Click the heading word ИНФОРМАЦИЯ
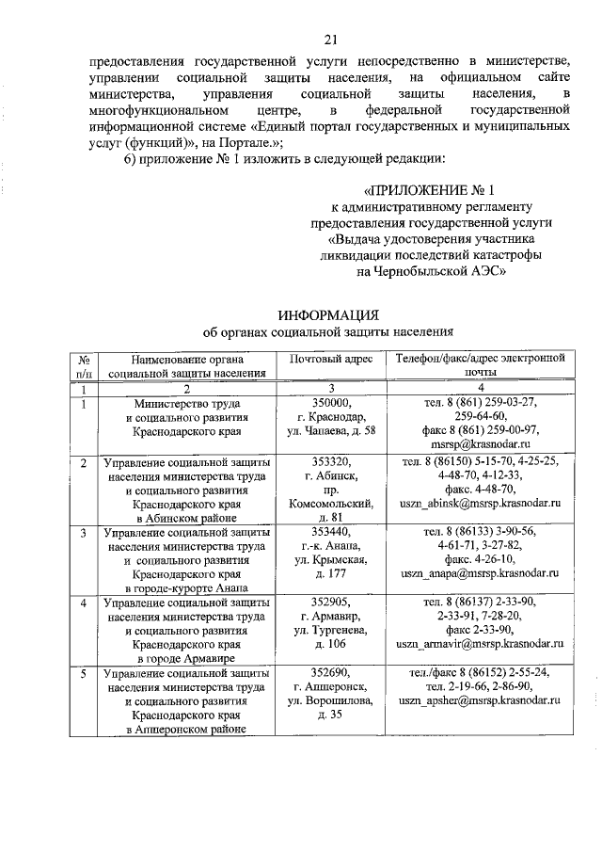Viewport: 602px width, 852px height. pos(329,314)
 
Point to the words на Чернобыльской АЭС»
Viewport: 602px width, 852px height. pos(432,270)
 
